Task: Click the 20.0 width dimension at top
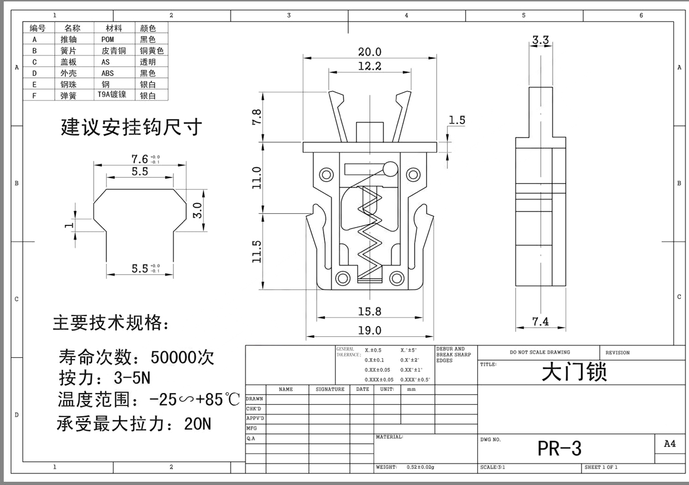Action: click(x=369, y=52)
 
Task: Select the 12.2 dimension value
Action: click(x=369, y=66)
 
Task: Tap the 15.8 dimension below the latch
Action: click(x=369, y=311)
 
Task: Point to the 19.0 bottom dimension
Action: click(x=369, y=330)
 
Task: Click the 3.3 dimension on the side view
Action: click(x=540, y=40)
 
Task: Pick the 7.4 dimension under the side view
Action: click(x=540, y=321)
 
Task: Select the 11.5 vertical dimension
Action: click(x=257, y=251)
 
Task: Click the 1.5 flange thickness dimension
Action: click(x=457, y=120)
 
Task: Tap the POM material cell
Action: click(x=107, y=39)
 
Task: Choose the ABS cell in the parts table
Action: click(x=107, y=73)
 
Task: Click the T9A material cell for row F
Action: click(x=112, y=95)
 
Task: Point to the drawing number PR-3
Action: click(x=559, y=448)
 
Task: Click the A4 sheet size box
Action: click(x=669, y=444)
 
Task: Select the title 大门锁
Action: click(x=574, y=373)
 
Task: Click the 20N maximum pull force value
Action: click(x=197, y=424)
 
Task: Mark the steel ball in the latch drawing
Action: click(x=390, y=169)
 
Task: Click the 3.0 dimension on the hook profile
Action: click(x=198, y=210)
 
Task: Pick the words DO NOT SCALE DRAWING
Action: click(x=539, y=352)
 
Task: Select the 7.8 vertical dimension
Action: click(x=257, y=117)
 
